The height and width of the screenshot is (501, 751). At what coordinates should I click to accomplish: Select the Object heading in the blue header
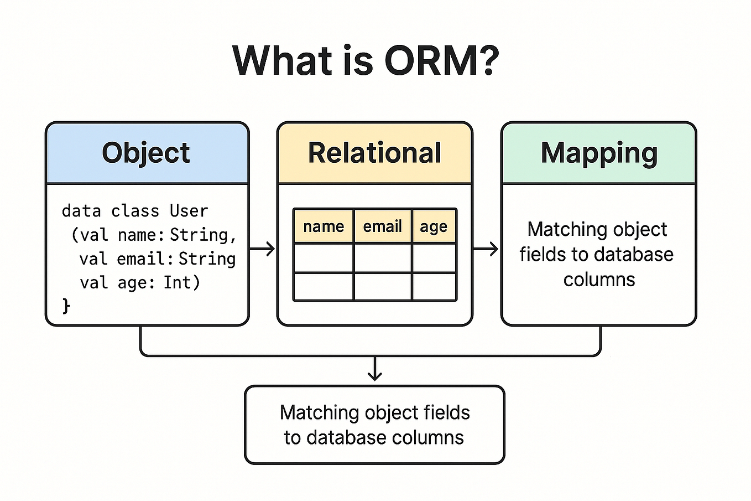tap(146, 153)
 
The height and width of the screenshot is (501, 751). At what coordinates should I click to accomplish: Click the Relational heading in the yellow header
tap(374, 153)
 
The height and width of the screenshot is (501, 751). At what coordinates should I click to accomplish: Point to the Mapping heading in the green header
tap(599, 153)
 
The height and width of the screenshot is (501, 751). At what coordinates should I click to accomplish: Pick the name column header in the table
tap(324, 226)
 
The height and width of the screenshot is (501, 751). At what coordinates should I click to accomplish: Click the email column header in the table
tap(382, 226)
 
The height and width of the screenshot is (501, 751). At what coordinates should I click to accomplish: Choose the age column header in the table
tap(434, 227)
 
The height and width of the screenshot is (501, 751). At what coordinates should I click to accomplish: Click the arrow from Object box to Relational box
tap(263, 249)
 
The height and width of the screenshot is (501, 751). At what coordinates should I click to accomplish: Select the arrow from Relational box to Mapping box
tap(487, 249)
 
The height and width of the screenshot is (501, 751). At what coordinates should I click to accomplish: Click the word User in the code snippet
tap(189, 211)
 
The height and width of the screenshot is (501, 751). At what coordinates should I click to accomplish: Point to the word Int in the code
tap(177, 282)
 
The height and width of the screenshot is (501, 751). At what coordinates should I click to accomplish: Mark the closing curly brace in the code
tap(66, 306)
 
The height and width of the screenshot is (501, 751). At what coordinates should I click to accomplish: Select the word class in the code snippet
tap(135, 211)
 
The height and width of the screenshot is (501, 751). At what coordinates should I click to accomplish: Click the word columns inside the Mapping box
tap(599, 280)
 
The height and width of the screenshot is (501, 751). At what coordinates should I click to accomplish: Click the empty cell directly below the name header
tap(324, 258)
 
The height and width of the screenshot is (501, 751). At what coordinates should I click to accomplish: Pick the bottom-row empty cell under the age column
tap(434, 287)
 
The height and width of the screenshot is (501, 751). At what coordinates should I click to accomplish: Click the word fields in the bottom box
tap(446, 412)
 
